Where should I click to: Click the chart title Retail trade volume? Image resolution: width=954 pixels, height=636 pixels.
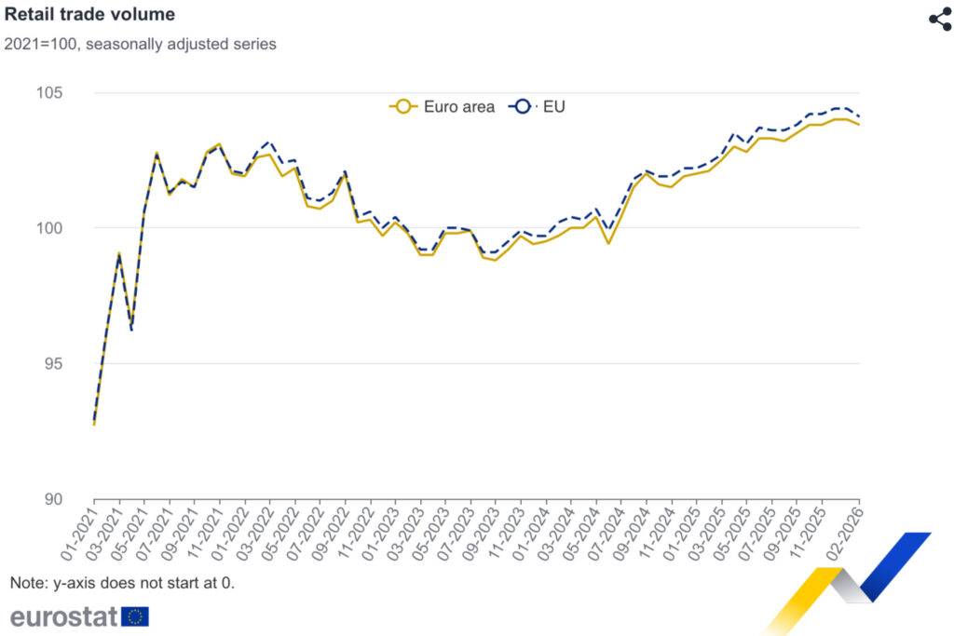click(90, 14)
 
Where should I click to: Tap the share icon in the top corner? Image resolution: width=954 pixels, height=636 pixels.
click(939, 20)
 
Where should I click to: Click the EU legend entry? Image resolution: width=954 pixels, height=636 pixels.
click(538, 106)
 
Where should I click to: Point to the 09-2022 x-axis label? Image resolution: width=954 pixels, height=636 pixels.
click(331, 531)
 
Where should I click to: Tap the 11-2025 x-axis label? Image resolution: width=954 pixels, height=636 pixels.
click(809, 531)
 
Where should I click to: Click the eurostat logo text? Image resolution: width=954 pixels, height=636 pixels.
click(63, 616)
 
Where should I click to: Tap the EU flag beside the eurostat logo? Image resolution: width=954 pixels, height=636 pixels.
click(135, 616)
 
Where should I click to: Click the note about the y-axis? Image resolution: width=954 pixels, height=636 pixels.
click(122, 583)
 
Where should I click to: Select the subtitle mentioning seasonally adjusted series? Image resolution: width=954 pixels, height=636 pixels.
click(141, 44)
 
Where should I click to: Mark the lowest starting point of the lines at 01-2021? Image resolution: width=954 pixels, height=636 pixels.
click(94, 423)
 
